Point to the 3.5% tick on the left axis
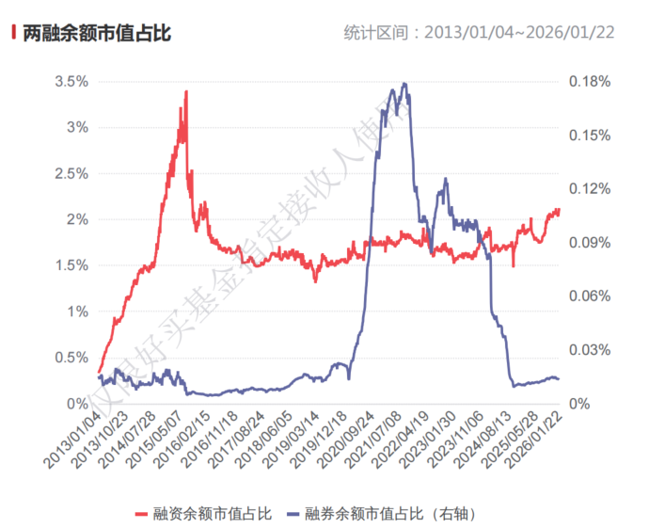coord(71,82)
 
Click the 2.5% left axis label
coord(71,173)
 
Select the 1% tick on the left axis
coord(77,312)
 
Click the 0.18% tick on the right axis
coord(590,82)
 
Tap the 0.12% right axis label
coord(590,189)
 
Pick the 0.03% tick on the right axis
coord(590,350)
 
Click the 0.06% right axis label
coord(590,296)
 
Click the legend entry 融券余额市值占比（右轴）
coord(395,514)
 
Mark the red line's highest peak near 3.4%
coord(186,91)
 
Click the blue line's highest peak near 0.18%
coord(404,84)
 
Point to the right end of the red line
coord(559,210)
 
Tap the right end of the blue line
coord(559,378)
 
